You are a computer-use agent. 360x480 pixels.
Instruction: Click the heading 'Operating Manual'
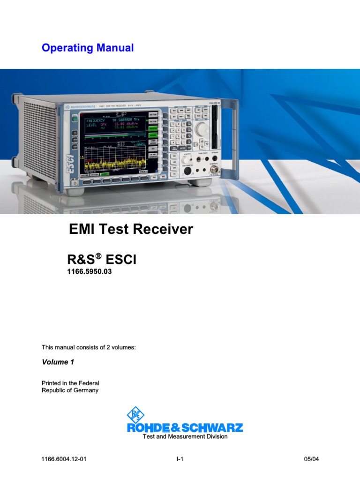click(x=88, y=48)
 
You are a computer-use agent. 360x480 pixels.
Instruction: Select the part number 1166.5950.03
click(x=90, y=272)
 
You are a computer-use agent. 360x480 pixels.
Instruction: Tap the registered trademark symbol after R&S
click(x=99, y=256)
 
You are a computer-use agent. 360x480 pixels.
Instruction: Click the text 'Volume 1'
click(x=58, y=362)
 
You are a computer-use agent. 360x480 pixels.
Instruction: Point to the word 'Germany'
click(x=83, y=390)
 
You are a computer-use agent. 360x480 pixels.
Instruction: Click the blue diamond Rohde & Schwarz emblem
click(x=135, y=415)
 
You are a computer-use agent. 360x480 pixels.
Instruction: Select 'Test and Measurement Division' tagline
click(x=185, y=436)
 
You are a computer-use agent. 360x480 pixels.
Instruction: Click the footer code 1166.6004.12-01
click(x=64, y=459)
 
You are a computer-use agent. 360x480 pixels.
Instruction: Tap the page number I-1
click(x=179, y=459)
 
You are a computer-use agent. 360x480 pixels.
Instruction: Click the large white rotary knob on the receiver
click(x=202, y=129)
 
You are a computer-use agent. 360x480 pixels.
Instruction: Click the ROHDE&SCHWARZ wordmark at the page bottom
click(x=185, y=427)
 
